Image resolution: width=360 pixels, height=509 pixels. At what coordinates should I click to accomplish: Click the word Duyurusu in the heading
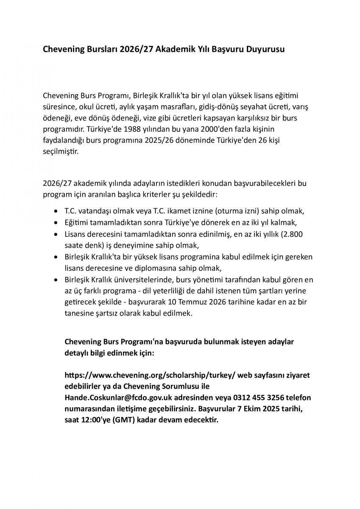pyautogui.click(x=265, y=50)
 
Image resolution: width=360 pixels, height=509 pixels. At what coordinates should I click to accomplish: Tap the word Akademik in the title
pyautogui.click(x=175, y=50)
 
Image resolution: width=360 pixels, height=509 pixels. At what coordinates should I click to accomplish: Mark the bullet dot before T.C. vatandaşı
pyautogui.click(x=57, y=211)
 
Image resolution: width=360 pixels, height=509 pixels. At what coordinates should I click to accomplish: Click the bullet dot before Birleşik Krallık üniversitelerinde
pyautogui.click(x=57, y=280)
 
